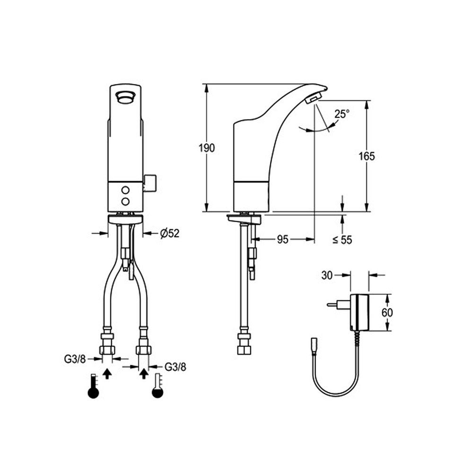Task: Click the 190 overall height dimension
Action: pos(206,148)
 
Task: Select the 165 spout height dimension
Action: pos(367,156)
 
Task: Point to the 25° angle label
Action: pos(342,114)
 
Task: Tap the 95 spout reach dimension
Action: pos(282,240)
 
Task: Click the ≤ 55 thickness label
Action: pos(342,240)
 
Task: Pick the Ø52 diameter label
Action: pos(169,233)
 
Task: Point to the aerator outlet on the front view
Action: pos(125,97)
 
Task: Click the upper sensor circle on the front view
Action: pos(125,190)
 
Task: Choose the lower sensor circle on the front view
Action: pos(125,202)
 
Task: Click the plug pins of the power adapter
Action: pos(333,305)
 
